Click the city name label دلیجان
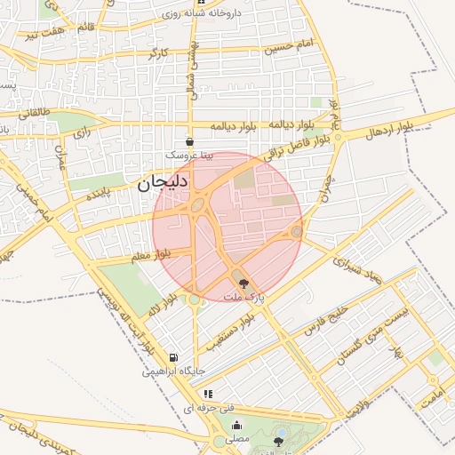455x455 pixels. [162, 184]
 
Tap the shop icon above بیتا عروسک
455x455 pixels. [189, 141]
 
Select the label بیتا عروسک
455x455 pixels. [189, 154]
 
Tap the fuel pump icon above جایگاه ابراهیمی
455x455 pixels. [172, 357]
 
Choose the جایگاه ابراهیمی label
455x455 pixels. [173, 371]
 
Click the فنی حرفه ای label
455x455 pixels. [208, 407]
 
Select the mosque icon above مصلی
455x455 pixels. [235, 425]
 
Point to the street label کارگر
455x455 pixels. [158, 54]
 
